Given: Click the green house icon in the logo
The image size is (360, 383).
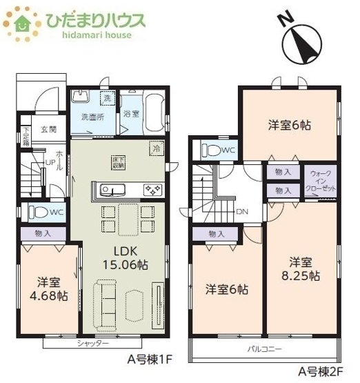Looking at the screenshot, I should (x=22, y=22).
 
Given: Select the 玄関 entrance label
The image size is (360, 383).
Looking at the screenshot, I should (x=48, y=129).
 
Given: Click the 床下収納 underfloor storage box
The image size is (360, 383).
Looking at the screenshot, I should (x=119, y=162).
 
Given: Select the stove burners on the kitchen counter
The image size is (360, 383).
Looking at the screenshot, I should (x=152, y=190).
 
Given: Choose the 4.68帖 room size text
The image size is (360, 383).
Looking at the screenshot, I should (x=48, y=295).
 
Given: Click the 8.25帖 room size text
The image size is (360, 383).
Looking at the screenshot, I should (x=300, y=275).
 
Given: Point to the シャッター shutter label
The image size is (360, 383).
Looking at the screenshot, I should (x=92, y=344).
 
